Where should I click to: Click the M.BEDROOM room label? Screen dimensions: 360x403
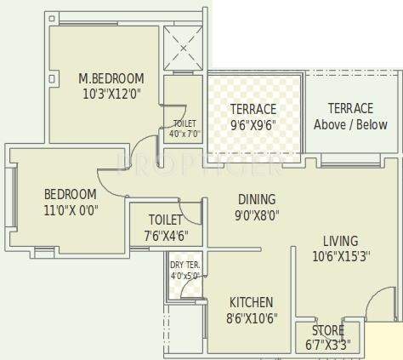[x=111, y=78]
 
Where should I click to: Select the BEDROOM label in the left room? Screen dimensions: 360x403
[x=70, y=193]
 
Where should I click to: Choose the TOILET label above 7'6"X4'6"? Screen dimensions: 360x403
[x=165, y=220]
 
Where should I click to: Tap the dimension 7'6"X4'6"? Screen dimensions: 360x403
[x=165, y=235]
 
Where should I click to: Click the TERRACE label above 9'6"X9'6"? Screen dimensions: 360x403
[x=253, y=109]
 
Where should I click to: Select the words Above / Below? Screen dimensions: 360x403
[x=350, y=124]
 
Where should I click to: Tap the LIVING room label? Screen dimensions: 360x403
[x=340, y=240]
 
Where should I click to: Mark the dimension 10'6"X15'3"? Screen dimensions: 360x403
[x=340, y=255]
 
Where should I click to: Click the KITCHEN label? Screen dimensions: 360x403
[x=251, y=302]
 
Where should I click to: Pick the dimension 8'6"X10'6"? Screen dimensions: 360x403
[x=251, y=317]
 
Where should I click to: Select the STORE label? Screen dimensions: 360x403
[x=327, y=330]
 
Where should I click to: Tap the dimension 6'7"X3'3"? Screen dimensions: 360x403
[x=327, y=344]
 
